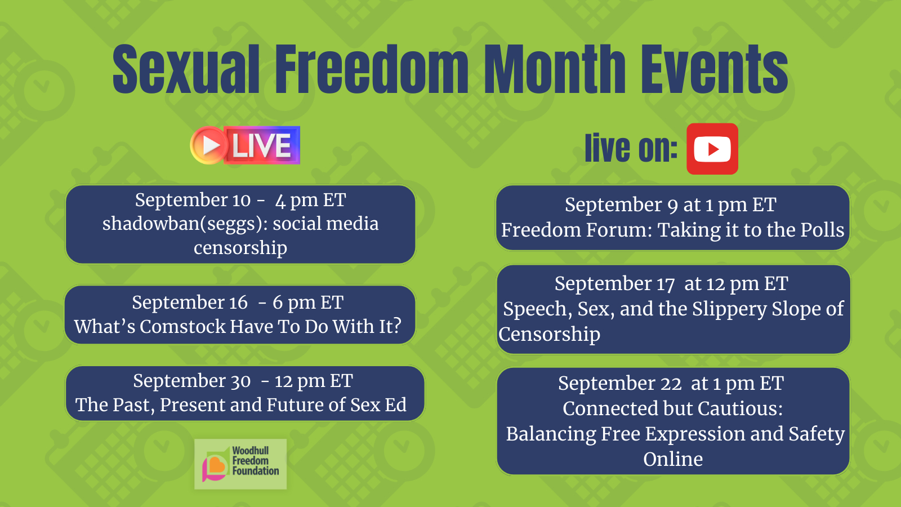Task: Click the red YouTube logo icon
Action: [x=712, y=149]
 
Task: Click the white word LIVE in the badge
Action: [x=261, y=145]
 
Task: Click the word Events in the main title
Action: [x=715, y=69]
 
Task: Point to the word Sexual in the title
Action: [x=186, y=69]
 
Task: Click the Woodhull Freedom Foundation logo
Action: [x=240, y=464]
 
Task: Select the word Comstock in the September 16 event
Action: [x=184, y=326]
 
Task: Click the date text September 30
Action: [x=192, y=381]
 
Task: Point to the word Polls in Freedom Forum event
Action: [x=822, y=230]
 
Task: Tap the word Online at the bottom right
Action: [x=673, y=459]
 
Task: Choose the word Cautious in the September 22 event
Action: [x=741, y=408]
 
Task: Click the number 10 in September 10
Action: [x=242, y=201]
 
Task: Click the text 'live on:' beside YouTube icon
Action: [x=631, y=149]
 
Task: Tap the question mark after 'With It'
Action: [x=397, y=326]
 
